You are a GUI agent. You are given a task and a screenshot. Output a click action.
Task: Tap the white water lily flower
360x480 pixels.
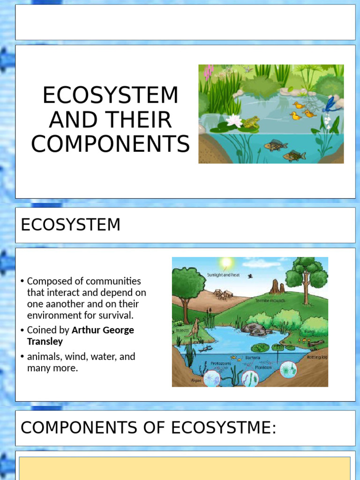click(x=233, y=120)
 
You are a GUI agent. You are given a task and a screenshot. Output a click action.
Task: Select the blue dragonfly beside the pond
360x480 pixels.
click(x=332, y=104)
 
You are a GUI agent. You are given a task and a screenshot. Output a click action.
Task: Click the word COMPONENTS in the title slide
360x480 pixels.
click(x=111, y=144)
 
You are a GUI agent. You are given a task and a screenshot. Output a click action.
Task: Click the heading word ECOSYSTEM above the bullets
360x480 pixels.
click(x=71, y=225)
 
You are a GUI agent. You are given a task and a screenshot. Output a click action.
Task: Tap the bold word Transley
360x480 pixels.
click(x=45, y=341)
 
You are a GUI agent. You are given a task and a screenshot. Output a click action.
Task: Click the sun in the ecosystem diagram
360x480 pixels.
click(x=226, y=263)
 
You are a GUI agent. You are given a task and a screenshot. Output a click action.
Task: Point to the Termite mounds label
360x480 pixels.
click(x=270, y=300)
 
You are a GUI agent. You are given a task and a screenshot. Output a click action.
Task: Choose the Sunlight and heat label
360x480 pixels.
click(x=224, y=275)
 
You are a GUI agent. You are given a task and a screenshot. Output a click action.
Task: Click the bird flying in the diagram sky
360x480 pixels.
click(x=250, y=276)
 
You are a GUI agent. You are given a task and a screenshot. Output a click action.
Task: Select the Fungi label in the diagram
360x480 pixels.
click(x=309, y=331)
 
